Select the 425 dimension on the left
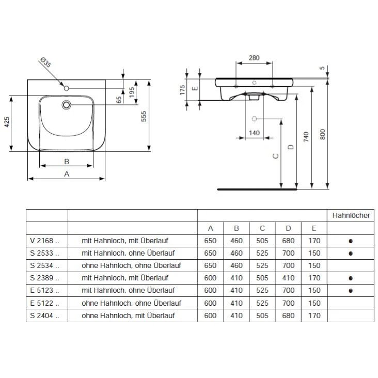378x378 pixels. click(x=7, y=122)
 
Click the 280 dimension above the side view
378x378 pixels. click(x=254, y=58)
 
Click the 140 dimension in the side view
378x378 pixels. click(x=254, y=133)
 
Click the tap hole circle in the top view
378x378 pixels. click(x=66, y=88)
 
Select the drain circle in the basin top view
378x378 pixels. click(x=66, y=105)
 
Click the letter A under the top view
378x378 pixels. click(x=66, y=174)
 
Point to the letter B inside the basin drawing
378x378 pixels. click(x=66, y=161)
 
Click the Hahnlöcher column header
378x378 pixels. click(x=351, y=215)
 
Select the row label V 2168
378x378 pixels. click(x=45, y=241)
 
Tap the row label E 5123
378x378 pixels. click(x=45, y=290)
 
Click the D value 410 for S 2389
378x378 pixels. click(x=289, y=278)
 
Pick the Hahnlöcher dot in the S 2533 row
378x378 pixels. click(x=351, y=253)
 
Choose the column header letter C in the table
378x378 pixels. click(x=262, y=228)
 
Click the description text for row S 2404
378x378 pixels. click(x=128, y=315)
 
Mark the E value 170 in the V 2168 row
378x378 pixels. click(x=314, y=241)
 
